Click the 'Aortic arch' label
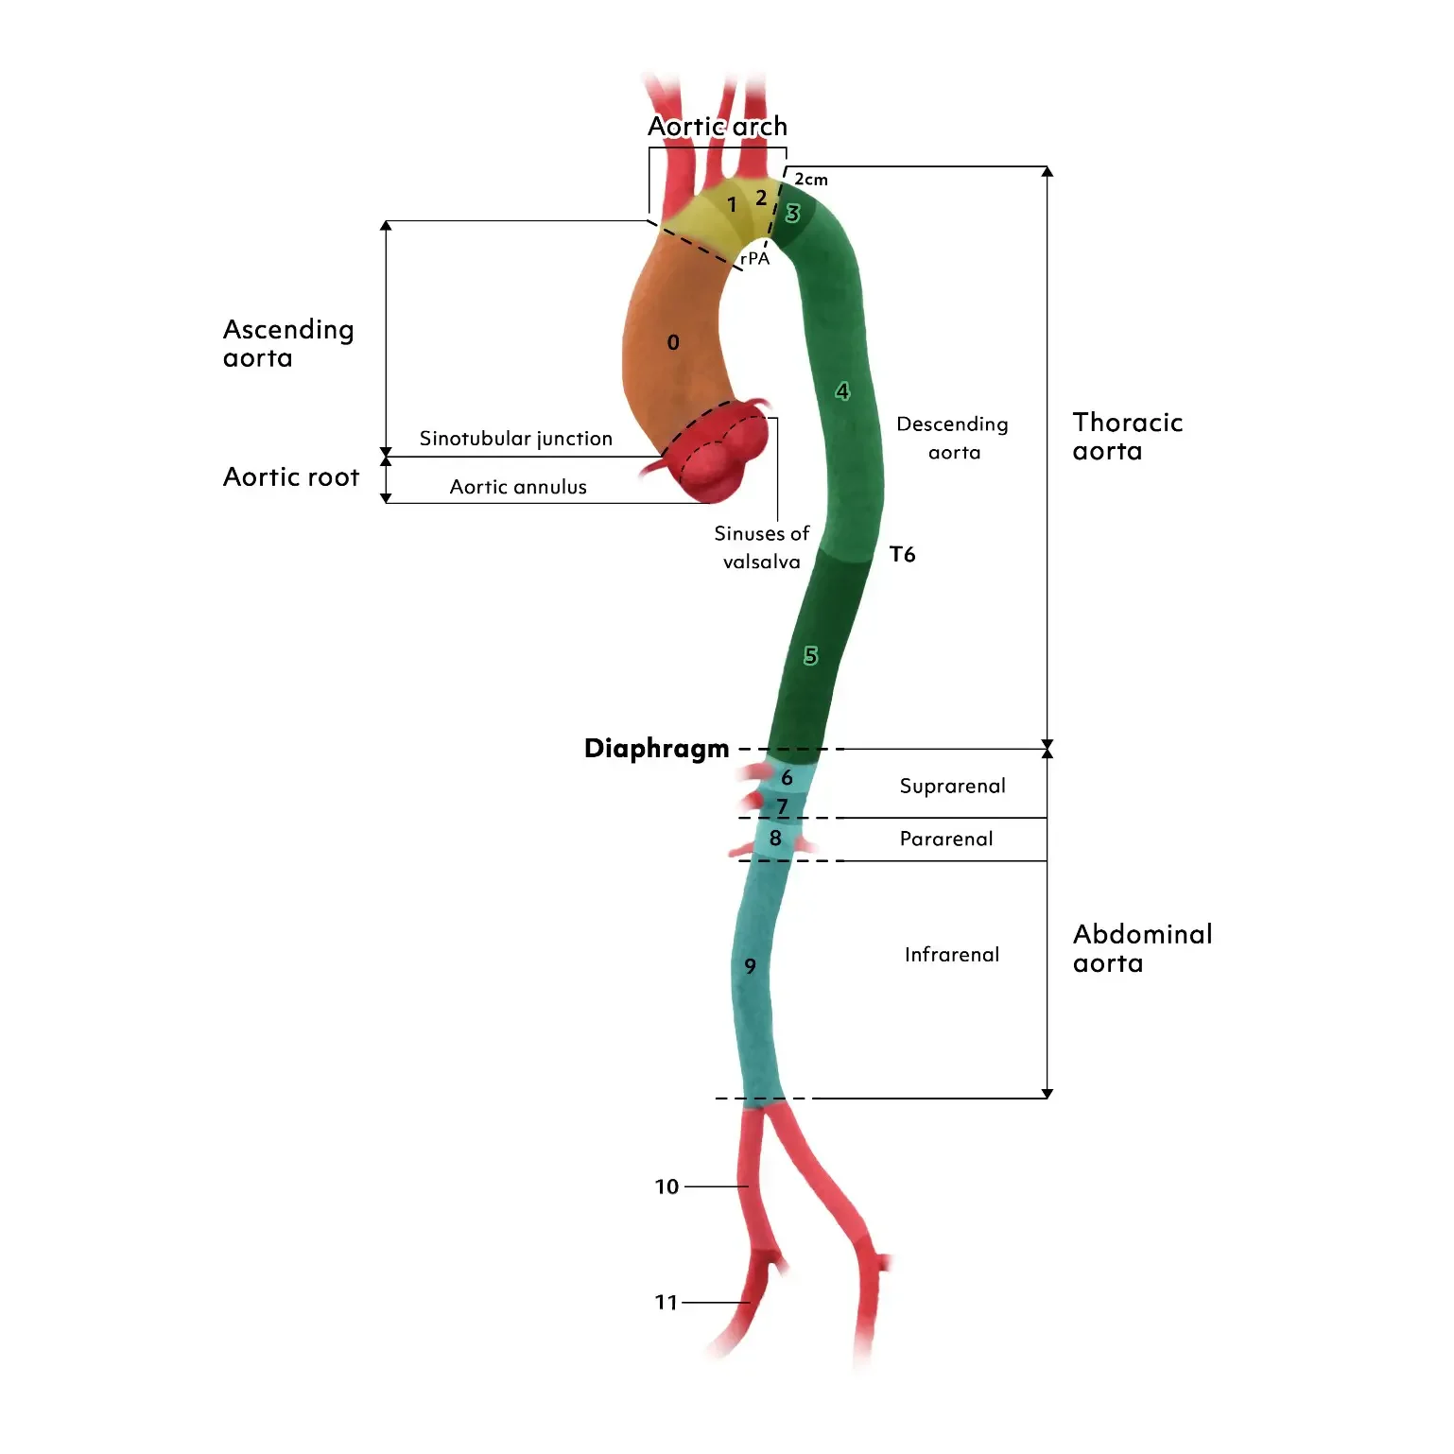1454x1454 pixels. point(717,127)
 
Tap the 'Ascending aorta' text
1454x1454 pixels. point(288,343)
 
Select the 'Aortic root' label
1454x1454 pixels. point(291,477)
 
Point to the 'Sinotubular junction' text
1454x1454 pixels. point(515,439)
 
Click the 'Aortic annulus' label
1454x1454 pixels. point(518,487)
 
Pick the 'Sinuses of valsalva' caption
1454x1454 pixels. point(761,547)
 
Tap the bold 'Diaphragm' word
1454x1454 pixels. point(656,749)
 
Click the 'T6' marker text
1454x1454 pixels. point(902,555)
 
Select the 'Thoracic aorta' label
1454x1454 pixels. point(1127,437)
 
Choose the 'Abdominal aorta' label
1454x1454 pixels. point(1142,948)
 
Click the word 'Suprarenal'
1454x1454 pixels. point(952,787)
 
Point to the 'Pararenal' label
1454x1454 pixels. point(946,840)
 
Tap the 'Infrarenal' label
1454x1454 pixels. point(951,955)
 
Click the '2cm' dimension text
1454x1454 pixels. point(810,180)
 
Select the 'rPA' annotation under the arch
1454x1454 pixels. point(754,258)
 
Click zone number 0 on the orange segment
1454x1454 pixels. point(673,342)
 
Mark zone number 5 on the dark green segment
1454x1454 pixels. point(810,656)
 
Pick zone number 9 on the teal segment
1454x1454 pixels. point(750,966)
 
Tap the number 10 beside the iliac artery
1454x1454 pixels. point(666,1186)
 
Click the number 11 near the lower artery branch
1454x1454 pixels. point(666,1303)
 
